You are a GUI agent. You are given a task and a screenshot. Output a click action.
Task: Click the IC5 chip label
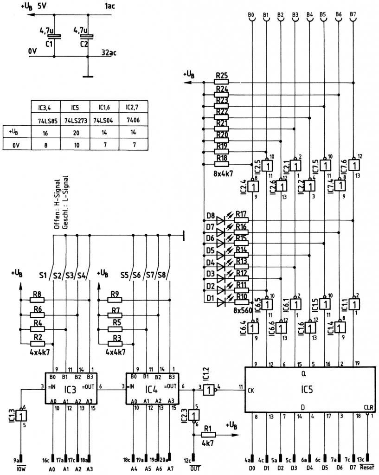(307, 390)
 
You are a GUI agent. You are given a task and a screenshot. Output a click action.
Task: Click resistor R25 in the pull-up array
(222, 82)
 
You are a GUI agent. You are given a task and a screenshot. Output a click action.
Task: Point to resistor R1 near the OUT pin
(207, 435)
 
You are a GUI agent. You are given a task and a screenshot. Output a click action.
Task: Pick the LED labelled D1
(220, 302)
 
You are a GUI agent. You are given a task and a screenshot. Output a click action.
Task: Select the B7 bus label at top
(353, 15)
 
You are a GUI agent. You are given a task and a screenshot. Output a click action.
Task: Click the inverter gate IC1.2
(210, 389)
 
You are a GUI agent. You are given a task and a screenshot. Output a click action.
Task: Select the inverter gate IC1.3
(20, 416)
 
